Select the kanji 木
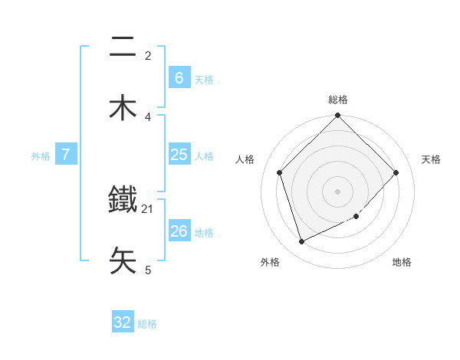123,107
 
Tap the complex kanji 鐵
123,201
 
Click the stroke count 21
148,208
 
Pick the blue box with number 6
179,77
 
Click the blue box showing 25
179,155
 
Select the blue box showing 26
179,231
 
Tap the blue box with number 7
66,155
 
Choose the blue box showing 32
123,322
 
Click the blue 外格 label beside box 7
41,156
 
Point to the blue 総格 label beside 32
147,324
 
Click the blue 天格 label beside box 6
204,79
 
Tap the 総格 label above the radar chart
338,100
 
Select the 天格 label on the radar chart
432,159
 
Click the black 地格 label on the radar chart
402,262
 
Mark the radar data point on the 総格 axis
338,116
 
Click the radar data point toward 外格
301,241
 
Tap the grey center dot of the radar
338,191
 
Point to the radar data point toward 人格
280,172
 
